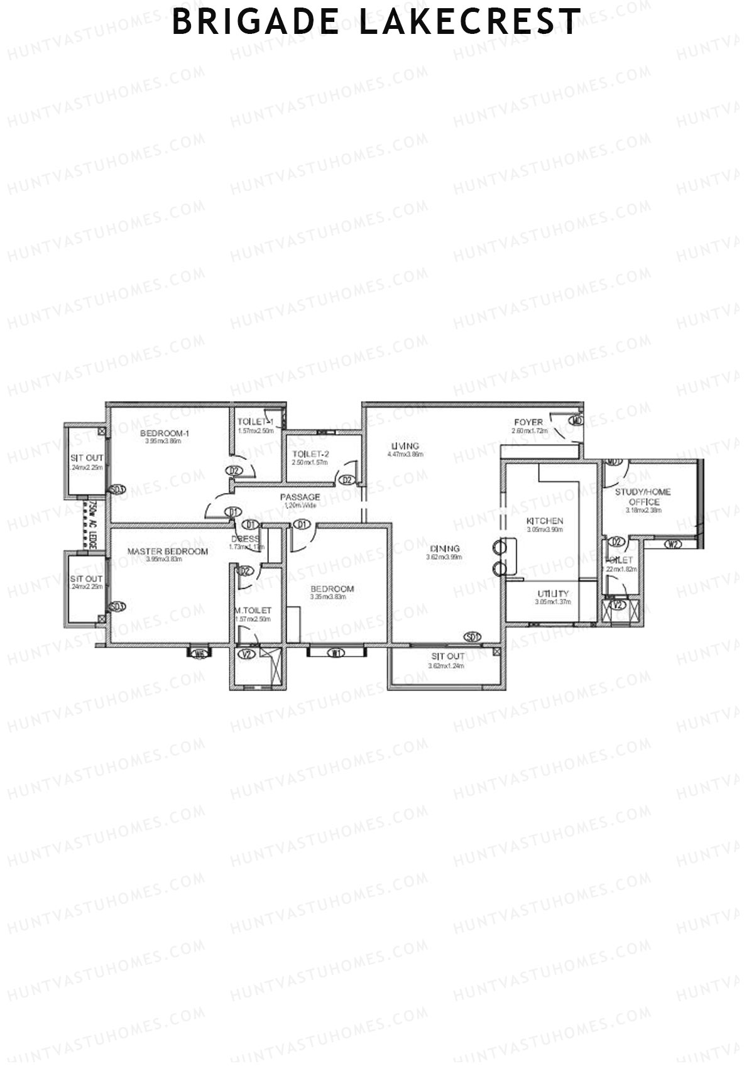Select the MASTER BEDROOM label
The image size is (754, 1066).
(167, 552)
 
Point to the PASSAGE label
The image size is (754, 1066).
(300, 497)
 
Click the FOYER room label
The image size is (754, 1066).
(528, 422)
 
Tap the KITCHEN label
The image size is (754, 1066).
(544, 521)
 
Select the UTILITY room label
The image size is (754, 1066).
(553, 594)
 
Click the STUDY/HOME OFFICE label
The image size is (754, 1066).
(643, 496)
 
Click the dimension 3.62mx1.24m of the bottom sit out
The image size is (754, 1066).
(446, 666)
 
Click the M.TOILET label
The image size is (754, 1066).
(253, 610)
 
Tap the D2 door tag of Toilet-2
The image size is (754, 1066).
(347, 481)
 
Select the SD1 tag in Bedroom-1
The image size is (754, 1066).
(117, 489)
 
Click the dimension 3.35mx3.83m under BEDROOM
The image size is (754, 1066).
(328, 597)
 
